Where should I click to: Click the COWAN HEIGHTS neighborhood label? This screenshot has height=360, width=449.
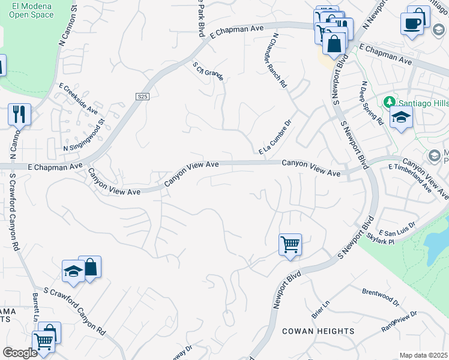pyautogui.click(x=319, y=331)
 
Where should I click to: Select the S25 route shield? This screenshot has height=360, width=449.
pyautogui.click(x=142, y=96)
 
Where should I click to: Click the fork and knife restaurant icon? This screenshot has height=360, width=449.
pyautogui.click(x=19, y=113)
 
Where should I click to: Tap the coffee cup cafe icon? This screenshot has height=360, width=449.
pyautogui.click(x=412, y=23)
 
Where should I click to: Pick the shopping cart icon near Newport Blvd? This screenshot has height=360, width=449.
pyautogui.click(x=290, y=245)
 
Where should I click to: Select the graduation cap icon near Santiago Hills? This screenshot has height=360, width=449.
pyautogui.click(x=401, y=118)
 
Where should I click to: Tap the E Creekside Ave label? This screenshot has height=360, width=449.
pyautogui.click(x=78, y=98)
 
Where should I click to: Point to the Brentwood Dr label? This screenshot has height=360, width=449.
pyautogui.click(x=381, y=295)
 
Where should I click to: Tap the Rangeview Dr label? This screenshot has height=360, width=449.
pyautogui.click(x=399, y=322)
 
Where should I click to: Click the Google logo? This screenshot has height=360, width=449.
pyautogui.click(x=20, y=353)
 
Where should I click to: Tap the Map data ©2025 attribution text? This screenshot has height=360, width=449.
pyautogui.click(x=423, y=355)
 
